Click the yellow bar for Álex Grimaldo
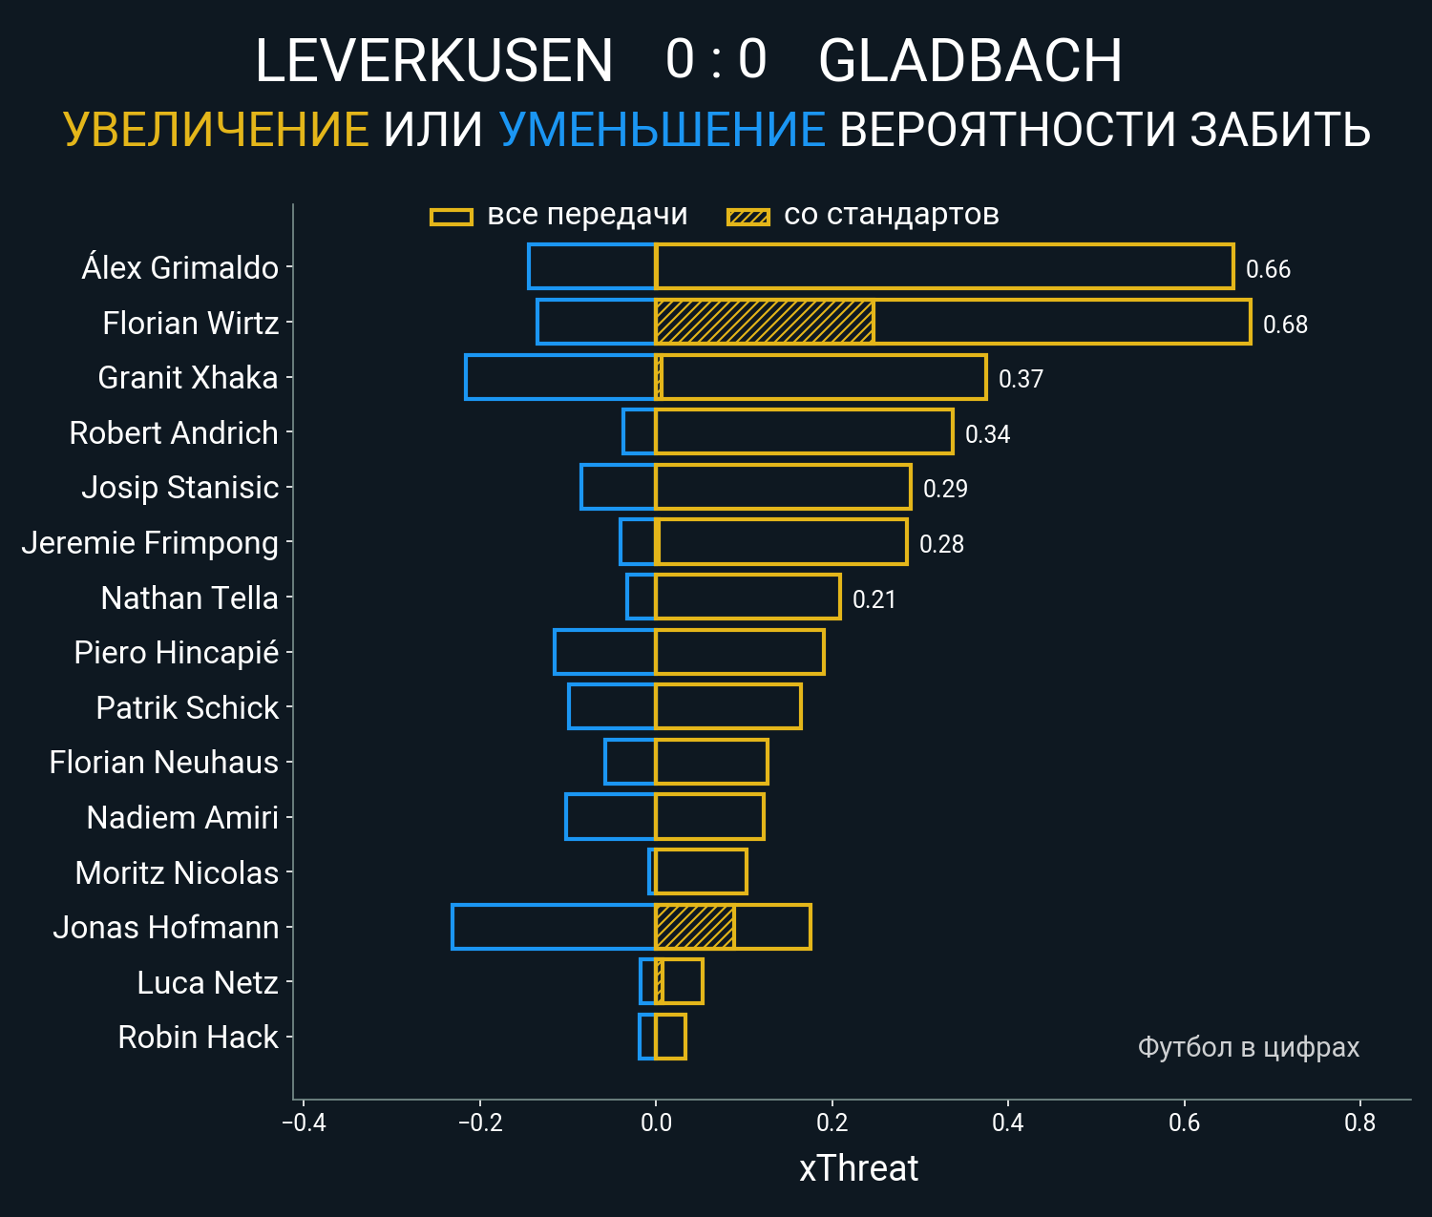pyautogui.click(x=944, y=266)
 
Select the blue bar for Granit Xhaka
pyautogui.click(x=560, y=377)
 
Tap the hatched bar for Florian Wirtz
pyautogui.click(x=764, y=322)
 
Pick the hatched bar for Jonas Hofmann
pyautogui.click(x=694, y=927)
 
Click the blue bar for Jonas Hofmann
pyautogui.click(x=554, y=927)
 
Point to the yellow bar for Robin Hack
pyautogui.click(x=670, y=1037)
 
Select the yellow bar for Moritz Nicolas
pyautogui.click(x=701, y=871)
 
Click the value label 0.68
pyautogui.click(x=1285, y=325)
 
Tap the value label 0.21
pyautogui.click(x=874, y=599)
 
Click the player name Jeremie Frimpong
pyautogui.click(x=150, y=543)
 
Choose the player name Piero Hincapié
pyautogui.click(x=177, y=653)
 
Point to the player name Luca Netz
pyautogui.click(x=207, y=982)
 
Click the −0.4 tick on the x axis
pyautogui.click(x=304, y=1123)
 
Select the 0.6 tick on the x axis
pyautogui.click(x=1184, y=1123)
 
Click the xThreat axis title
pyautogui.click(x=858, y=1168)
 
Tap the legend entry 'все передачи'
pyautogui.click(x=587, y=215)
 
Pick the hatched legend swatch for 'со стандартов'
pyautogui.click(x=748, y=217)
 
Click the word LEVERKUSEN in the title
pyautogui.click(x=433, y=61)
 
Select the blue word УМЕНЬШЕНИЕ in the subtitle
pyautogui.click(x=662, y=130)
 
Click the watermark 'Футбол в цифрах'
pyautogui.click(x=1248, y=1047)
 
